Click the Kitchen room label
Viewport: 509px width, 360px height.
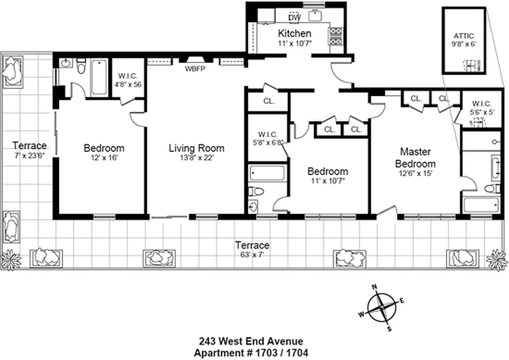[294, 33]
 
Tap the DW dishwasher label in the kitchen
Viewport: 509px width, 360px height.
[294, 18]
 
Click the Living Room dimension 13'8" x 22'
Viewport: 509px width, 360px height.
[196, 158]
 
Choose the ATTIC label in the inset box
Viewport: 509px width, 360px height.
[464, 36]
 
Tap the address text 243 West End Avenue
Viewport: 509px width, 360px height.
[251, 342]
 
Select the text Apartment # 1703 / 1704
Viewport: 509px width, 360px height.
[251, 352]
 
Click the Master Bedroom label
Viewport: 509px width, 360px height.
[415, 157]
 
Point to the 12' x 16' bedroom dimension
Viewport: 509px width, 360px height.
[104, 158]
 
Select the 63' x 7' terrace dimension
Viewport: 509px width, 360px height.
[252, 254]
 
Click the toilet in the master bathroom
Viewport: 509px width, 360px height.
[493, 189]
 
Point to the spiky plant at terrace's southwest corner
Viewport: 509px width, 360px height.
[9, 260]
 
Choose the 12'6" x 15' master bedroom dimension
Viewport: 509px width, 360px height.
[415, 173]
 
